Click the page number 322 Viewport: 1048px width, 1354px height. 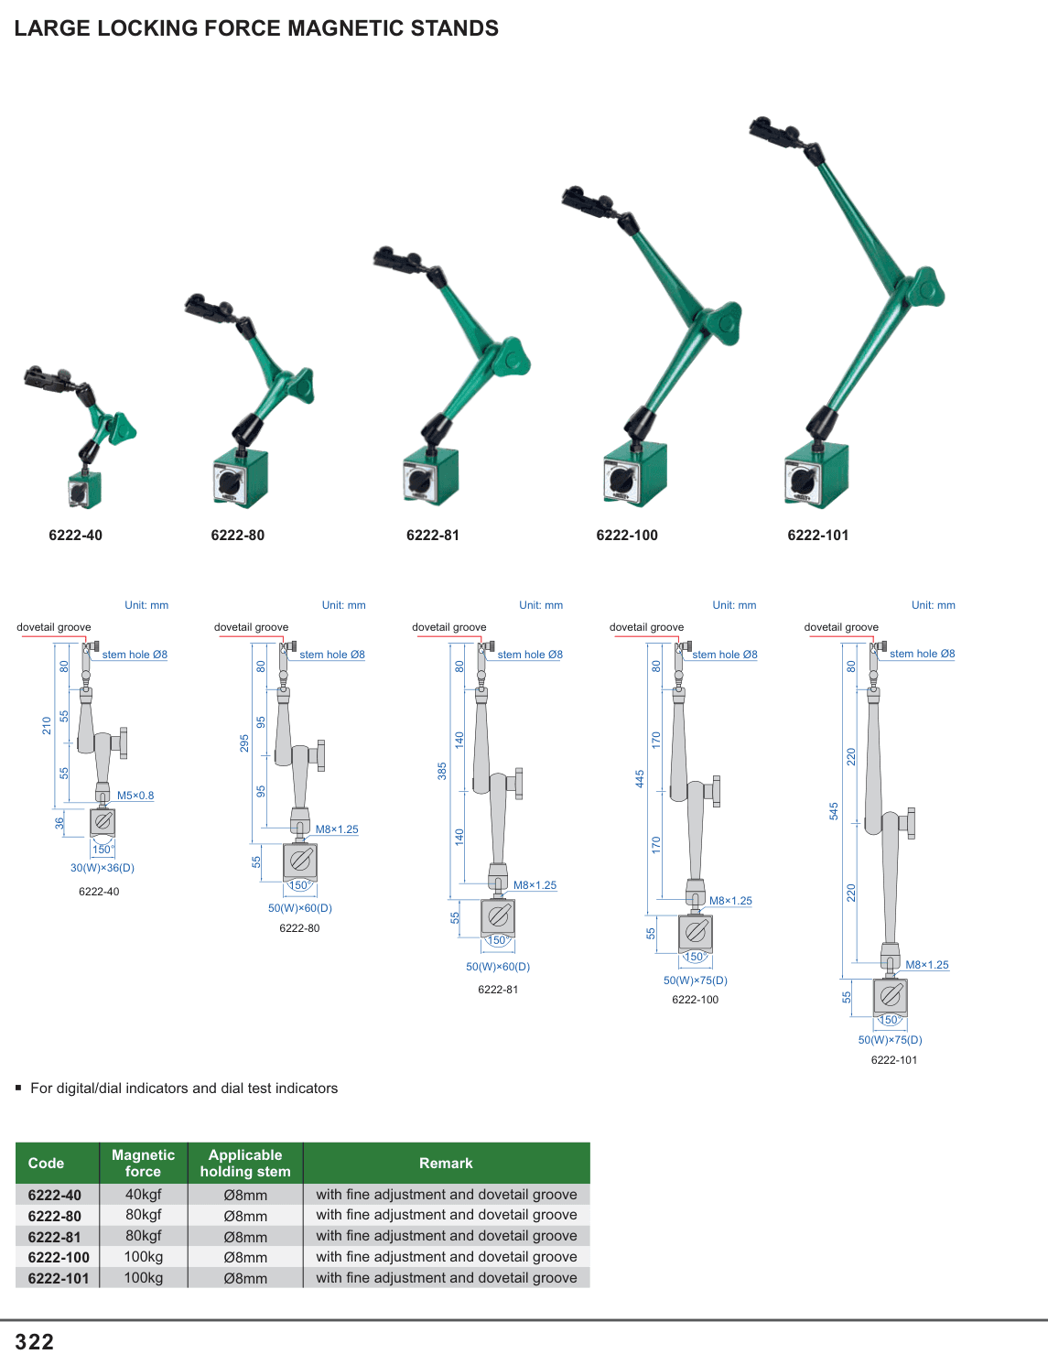pos(34,1341)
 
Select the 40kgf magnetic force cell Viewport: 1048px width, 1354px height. pos(143,1194)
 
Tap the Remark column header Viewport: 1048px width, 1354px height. pos(446,1163)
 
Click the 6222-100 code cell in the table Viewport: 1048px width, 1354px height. pos(59,1257)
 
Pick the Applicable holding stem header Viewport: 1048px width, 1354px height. pos(245,1163)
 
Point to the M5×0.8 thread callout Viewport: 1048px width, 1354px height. pos(135,795)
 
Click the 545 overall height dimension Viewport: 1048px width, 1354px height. pos(834,811)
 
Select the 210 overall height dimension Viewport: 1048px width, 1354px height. pos(47,725)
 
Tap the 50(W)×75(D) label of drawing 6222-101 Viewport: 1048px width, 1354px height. pos(890,1039)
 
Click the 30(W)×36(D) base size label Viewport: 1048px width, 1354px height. pos(103,867)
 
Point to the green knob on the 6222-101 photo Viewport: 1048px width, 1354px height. pos(925,289)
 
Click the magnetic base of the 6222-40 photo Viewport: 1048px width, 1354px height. pos(85,490)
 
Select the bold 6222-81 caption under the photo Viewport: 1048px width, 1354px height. pos(433,536)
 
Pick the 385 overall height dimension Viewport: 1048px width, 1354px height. pos(442,771)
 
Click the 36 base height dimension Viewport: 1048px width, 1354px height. pos(59,823)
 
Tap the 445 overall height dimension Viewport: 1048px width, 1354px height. pos(640,779)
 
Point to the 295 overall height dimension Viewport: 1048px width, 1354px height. pos(244,742)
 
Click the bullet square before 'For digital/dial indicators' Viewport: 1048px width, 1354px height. pos(18,1088)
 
